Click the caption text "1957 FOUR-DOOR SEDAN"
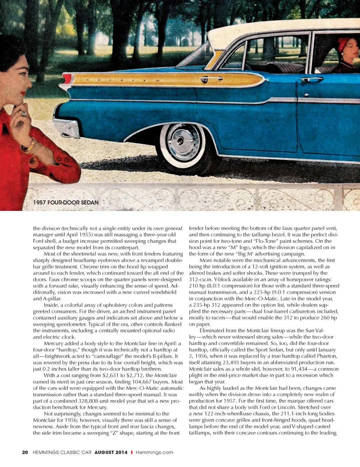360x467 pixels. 66,203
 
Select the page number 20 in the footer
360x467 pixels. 25,452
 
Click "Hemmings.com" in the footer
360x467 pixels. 154,452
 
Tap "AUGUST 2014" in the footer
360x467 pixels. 111,452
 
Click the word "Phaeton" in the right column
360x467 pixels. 325,356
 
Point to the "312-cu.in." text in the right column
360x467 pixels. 201,279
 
